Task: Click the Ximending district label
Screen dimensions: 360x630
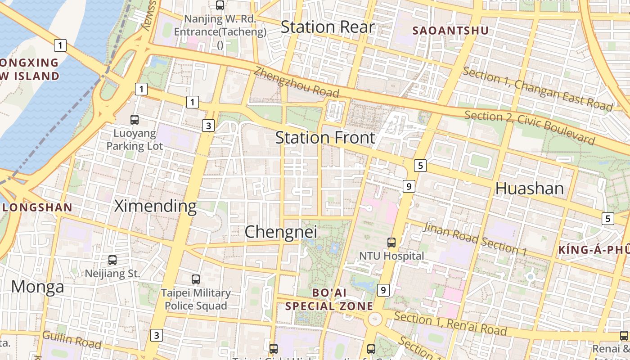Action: [155, 206]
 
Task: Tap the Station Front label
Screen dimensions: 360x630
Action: [325, 137]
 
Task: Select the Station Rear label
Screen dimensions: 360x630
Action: [327, 27]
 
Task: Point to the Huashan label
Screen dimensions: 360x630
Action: [529, 188]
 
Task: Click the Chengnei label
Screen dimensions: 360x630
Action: [281, 232]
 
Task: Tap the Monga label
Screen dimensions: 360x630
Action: [37, 287]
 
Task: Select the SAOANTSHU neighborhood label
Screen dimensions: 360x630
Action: [450, 31]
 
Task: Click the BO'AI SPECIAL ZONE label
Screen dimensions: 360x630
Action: [329, 299]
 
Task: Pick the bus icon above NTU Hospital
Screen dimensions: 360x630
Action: [391, 243]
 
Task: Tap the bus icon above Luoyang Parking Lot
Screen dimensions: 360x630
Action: [135, 120]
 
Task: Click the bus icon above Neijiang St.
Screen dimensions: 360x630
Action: [112, 260]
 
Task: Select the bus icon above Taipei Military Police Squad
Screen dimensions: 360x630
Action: [196, 279]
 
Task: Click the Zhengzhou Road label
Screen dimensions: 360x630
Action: [296, 82]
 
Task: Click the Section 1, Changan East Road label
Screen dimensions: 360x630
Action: [537, 89]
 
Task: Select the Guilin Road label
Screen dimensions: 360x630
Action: [72, 340]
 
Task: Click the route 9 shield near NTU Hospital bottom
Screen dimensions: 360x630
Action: [383, 290]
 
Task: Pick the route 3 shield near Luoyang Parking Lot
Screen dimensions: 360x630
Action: [208, 126]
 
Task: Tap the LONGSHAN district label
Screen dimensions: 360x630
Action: [37, 207]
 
